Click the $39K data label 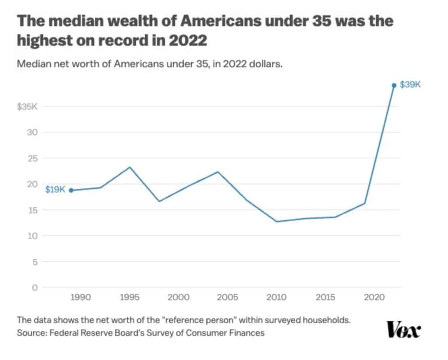410,85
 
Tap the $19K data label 55,189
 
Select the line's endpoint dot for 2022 394,85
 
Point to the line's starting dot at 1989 71,190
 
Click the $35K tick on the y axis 27,106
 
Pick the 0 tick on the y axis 33,287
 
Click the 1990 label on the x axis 80,297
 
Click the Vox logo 403,329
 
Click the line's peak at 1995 130,167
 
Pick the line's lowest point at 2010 276,221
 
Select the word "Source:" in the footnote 33,333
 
